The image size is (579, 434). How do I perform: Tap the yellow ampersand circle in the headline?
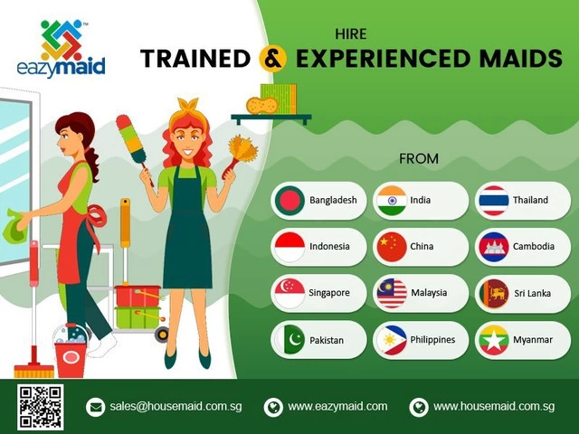tap(273, 58)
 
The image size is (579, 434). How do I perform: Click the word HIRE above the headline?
tap(351, 34)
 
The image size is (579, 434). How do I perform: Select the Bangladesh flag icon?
tap(289, 201)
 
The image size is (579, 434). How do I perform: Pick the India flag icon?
tap(392, 201)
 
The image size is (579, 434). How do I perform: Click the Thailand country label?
tap(530, 200)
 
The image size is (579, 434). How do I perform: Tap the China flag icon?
tap(392, 247)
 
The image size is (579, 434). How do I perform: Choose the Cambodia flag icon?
tap(494, 247)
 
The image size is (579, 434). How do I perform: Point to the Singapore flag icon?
tap(289, 293)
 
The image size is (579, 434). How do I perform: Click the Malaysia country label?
tap(429, 293)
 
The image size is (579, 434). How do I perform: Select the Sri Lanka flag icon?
tap(494, 294)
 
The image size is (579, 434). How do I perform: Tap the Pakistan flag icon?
tap(289, 340)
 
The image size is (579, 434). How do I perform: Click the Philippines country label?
tap(432, 340)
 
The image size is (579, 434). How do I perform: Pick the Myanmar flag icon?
tap(494, 340)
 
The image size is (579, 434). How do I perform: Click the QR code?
tap(40, 407)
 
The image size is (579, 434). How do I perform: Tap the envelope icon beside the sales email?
tap(96, 407)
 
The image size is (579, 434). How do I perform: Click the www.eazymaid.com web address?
tap(337, 406)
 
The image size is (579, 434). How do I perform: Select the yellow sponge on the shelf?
tap(261, 106)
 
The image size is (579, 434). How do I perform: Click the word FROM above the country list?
tap(419, 159)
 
